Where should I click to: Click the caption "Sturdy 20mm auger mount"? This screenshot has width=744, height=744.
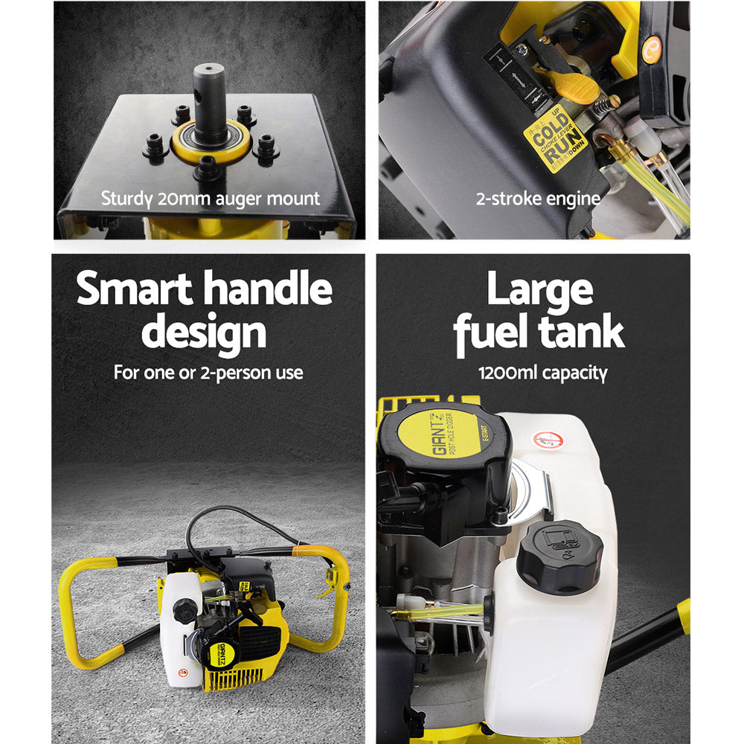click(211, 199)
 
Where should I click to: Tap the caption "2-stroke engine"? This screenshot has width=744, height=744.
click(537, 199)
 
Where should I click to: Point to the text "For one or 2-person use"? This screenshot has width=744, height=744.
click(208, 373)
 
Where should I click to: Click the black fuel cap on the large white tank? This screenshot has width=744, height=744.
click(555, 553)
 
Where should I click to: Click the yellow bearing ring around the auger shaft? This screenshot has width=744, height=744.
click(211, 144)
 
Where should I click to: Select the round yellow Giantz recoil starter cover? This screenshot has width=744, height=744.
click(446, 434)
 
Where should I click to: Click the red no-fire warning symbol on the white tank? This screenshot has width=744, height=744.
click(548, 439)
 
